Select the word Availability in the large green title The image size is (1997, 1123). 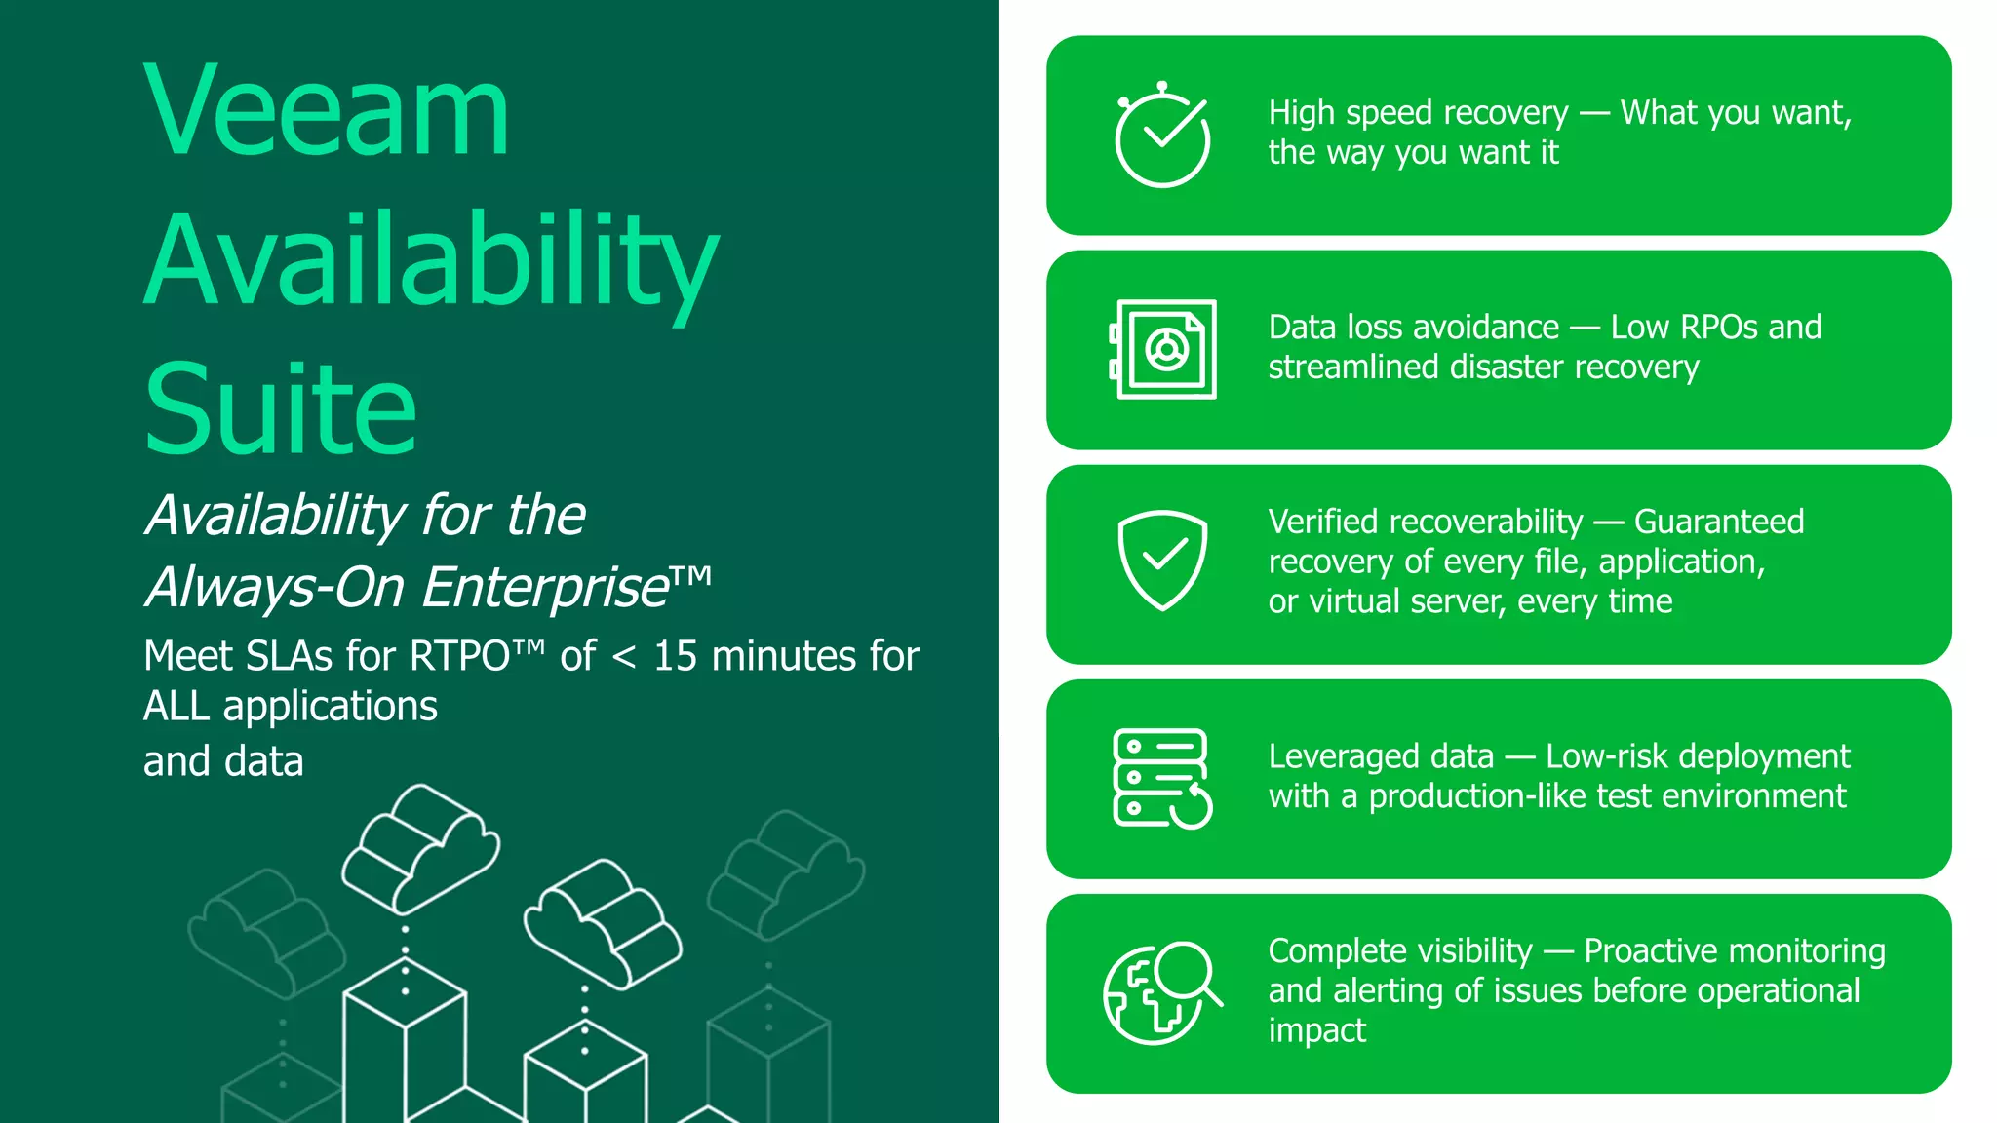[x=431, y=261]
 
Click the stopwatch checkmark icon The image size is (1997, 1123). [x=1162, y=136]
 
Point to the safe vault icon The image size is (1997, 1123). [x=1163, y=349]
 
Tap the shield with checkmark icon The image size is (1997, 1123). [x=1162, y=560]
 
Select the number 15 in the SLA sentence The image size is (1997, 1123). [x=675, y=657]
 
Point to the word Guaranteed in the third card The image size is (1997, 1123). [x=1719, y=523]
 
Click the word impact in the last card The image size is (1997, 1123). [x=1316, y=1031]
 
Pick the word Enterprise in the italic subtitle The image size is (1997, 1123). [x=546, y=588]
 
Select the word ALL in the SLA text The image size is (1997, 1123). [x=176, y=707]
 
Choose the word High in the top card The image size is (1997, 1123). [x=1301, y=113]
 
